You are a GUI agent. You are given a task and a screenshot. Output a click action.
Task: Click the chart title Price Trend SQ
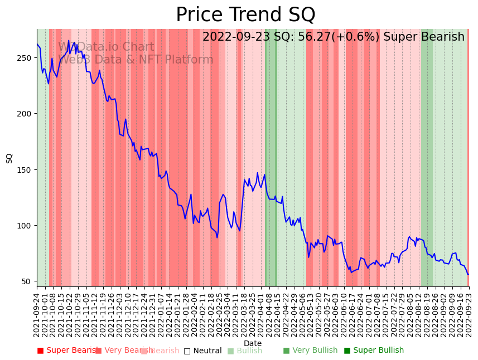point(245,15)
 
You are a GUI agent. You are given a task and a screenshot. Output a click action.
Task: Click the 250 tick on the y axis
point(26,58)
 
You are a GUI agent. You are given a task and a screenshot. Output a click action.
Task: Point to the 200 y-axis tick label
point(26,114)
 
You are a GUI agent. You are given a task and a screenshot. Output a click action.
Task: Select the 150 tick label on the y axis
point(26,170)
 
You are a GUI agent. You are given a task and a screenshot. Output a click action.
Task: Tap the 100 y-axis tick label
point(26,226)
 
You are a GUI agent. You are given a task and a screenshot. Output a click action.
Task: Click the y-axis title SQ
point(9,158)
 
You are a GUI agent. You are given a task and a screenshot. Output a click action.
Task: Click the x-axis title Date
point(253,343)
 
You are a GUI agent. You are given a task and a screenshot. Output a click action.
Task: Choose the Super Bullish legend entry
point(374,351)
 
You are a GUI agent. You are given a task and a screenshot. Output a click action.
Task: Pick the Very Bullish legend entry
point(310,351)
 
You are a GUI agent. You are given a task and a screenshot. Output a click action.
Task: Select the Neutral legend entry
point(203,351)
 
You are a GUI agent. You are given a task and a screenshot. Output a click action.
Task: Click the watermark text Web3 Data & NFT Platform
point(137,60)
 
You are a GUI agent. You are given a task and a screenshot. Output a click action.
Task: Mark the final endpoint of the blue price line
point(468,274)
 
